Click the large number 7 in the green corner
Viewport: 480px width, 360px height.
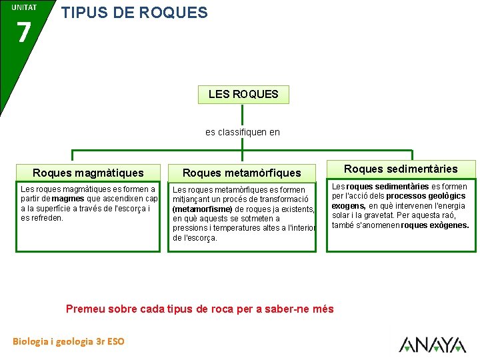(x=23, y=32)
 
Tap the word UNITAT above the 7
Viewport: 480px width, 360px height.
(x=23, y=7)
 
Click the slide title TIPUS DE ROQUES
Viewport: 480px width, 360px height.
(x=134, y=13)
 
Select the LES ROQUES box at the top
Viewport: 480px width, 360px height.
(x=243, y=94)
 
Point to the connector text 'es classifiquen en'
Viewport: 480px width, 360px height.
(x=243, y=132)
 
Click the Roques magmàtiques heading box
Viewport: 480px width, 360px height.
(x=88, y=173)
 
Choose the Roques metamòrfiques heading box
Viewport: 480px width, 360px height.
(x=241, y=173)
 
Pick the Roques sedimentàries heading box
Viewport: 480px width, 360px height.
(x=401, y=169)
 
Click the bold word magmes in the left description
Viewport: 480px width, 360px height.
(x=67, y=199)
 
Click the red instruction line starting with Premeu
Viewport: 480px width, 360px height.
(x=199, y=309)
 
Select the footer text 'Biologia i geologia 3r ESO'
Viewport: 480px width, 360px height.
(x=68, y=341)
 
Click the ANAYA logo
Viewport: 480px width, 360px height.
(x=432, y=344)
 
